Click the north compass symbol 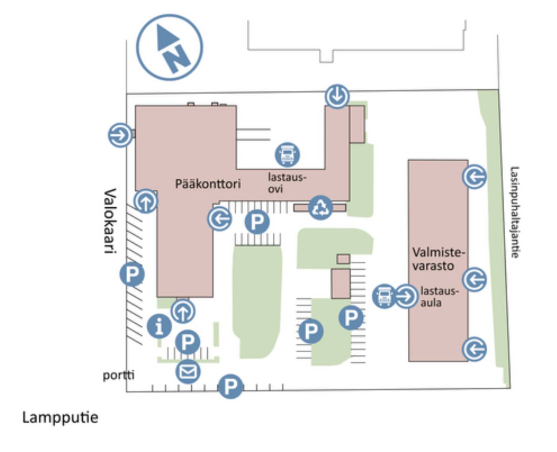pos(169,47)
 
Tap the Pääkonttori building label pos(208,184)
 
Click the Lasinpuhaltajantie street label pos(515,212)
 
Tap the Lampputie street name pos(60,417)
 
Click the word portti pos(119,375)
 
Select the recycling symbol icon pos(320,207)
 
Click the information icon pos(159,326)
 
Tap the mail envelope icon pos(188,371)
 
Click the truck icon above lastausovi pos(287,155)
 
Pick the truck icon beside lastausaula pos(384,296)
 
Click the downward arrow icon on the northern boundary pos(337,96)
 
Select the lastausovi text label pos(286,182)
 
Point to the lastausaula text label pos(438,297)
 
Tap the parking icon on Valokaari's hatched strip pos(132,274)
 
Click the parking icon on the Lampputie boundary pos(230,386)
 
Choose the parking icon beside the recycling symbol pos(257,222)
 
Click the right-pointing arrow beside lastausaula pos(406,296)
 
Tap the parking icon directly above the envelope pos(188,341)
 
